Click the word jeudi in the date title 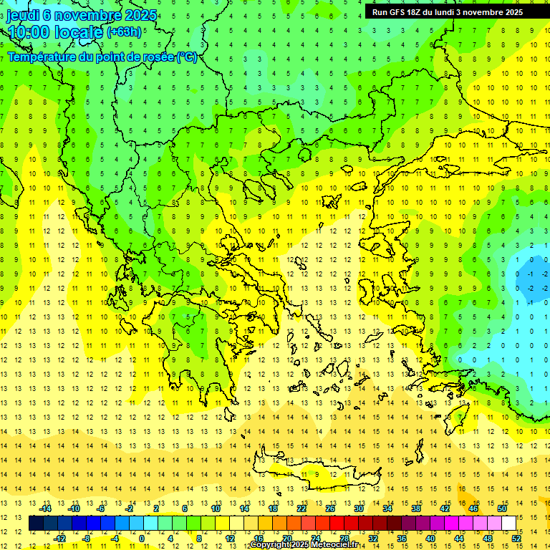(23, 15)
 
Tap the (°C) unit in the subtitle (187, 57)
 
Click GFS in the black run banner (397, 12)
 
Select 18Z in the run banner (417, 12)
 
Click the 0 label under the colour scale (142, 538)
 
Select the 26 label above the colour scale (330, 508)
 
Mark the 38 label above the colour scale (416, 508)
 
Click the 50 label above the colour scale (502, 508)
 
